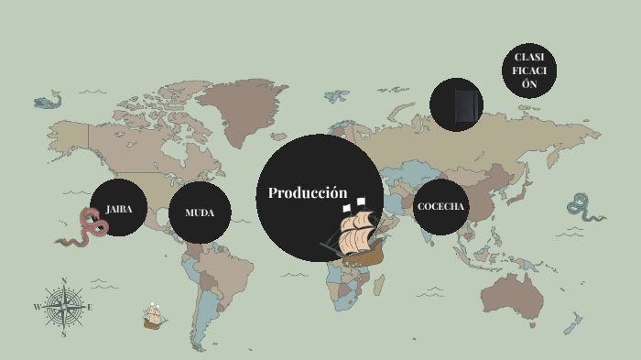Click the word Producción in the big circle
click(x=308, y=193)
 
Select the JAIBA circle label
click(x=119, y=209)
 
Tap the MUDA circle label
click(x=200, y=213)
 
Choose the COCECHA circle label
click(x=441, y=206)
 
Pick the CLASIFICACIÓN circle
click(x=529, y=71)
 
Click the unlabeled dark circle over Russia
click(x=457, y=104)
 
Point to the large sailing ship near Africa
click(x=356, y=237)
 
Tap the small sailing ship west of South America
click(x=154, y=317)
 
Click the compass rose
click(x=64, y=308)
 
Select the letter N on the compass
click(x=64, y=281)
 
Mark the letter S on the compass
click(x=64, y=334)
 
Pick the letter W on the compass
click(x=37, y=308)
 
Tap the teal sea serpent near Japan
click(x=582, y=207)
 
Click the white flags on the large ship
click(x=354, y=205)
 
